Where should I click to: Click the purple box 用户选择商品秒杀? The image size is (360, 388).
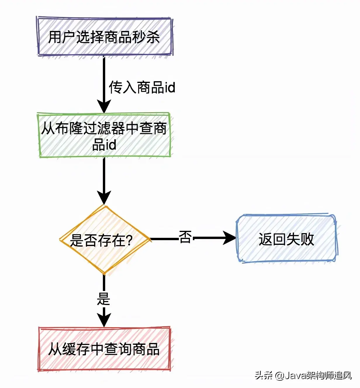tap(104, 37)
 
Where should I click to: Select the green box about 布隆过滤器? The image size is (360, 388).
tap(104, 135)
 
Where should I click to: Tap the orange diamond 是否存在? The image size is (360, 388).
tap(104, 240)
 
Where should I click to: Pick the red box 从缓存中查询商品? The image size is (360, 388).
tap(104, 349)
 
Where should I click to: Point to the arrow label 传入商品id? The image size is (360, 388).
tap(142, 87)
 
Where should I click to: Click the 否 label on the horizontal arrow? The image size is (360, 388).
tap(185, 237)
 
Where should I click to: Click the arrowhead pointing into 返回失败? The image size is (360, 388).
tap(230, 238)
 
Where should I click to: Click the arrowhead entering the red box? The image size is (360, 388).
tap(104, 320)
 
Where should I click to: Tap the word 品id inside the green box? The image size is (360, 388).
tap(104, 145)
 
